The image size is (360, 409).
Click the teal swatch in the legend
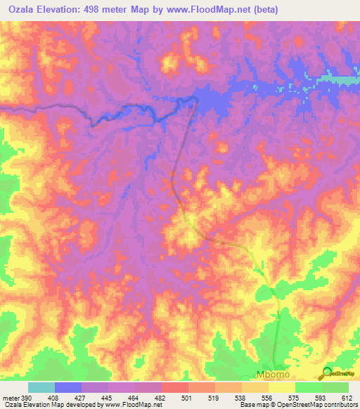tap(41, 387)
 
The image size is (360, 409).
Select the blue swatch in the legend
tap(68, 387)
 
